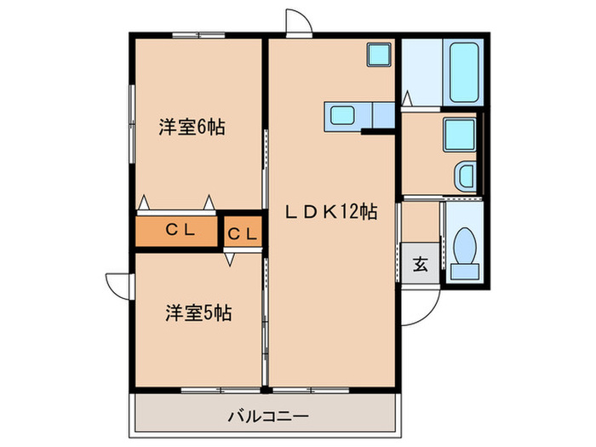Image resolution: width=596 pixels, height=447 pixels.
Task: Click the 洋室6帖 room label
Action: click(x=192, y=128)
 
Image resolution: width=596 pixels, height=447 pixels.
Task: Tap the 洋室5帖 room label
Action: click(x=198, y=312)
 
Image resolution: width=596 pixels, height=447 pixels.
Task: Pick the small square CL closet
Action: click(x=242, y=232)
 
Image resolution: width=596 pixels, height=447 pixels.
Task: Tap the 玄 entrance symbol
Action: click(x=421, y=264)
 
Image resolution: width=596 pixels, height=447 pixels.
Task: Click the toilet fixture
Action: click(x=465, y=248)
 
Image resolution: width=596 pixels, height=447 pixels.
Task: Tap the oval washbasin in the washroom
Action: click(x=465, y=175)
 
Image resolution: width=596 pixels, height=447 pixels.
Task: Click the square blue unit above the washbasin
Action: click(x=458, y=134)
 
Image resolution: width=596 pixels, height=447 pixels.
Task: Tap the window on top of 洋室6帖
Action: click(x=198, y=36)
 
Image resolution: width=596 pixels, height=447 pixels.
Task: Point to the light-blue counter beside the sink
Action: click(x=381, y=115)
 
